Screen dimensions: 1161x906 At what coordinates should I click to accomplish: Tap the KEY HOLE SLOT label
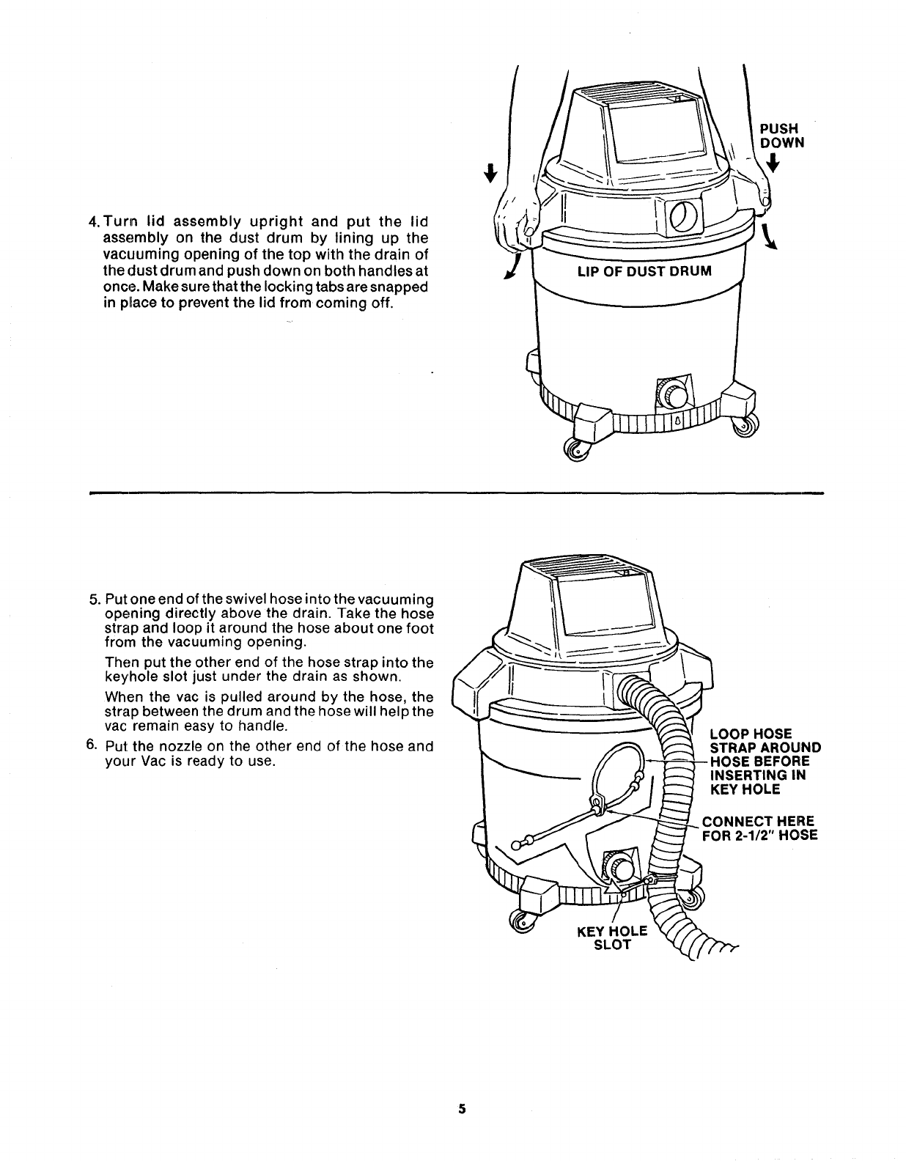click(612, 937)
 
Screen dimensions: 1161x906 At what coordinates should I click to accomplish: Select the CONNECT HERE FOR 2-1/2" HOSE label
click(759, 828)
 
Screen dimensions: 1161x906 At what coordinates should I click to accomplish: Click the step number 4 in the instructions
click(93, 222)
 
